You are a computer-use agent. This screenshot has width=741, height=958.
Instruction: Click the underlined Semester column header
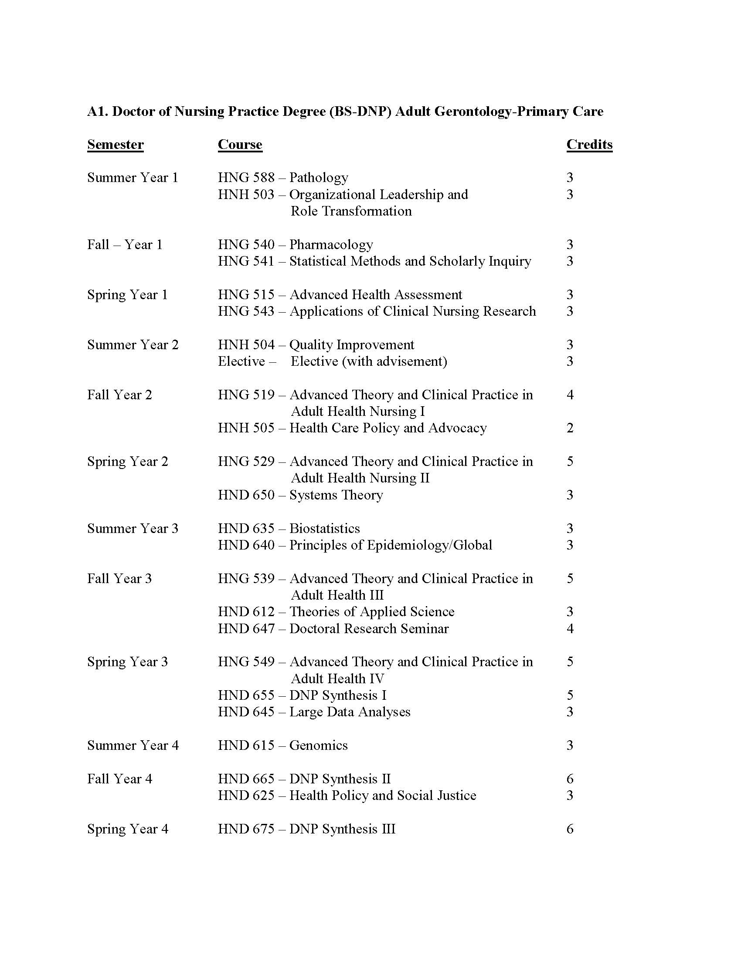pyautogui.click(x=116, y=144)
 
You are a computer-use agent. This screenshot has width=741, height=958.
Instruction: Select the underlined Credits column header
pyautogui.click(x=589, y=144)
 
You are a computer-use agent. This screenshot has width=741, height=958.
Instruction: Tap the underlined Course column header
pyautogui.click(x=240, y=144)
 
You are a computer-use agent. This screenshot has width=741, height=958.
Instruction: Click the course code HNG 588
pyautogui.click(x=246, y=178)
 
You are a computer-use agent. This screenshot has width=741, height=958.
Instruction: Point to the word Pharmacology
pyautogui.click(x=331, y=244)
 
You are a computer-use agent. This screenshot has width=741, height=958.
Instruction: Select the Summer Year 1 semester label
pyautogui.click(x=133, y=178)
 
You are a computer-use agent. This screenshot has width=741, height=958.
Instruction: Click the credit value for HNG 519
pyautogui.click(x=570, y=395)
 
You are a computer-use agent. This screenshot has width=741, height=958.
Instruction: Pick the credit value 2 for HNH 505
pyautogui.click(x=570, y=428)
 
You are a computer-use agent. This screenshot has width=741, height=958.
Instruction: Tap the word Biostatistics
pyautogui.click(x=324, y=528)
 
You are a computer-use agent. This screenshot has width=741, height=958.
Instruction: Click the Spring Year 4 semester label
pyautogui.click(x=128, y=829)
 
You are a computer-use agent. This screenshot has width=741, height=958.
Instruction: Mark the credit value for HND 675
pyautogui.click(x=570, y=829)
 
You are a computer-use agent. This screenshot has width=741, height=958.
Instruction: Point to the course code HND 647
pyautogui.click(x=246, y=628)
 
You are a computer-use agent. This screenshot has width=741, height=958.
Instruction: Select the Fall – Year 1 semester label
pyautogui.click(x=125, y=244)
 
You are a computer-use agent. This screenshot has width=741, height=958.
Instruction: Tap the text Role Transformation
pyautogui.click(x=351, y=211)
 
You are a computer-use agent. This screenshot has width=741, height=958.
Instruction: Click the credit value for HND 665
pyautogui.click(x=570, y=779)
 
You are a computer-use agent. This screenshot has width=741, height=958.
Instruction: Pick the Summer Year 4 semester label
pyautogui.click(x=133, y=745)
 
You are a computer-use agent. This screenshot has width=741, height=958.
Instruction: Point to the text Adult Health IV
pyautogui.click(x=337, y=678)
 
